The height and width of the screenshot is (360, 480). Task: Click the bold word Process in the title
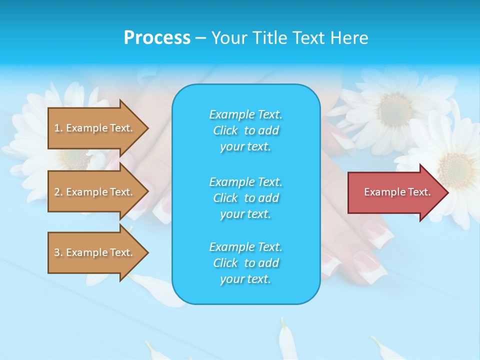click(x=157, y=38)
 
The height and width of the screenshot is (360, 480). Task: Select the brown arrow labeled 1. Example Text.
click(x=98, y=128)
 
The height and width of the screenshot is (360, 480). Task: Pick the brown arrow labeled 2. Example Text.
click(x=98, y=192)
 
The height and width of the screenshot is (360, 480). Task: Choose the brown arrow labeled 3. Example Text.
click(x=98, y=252)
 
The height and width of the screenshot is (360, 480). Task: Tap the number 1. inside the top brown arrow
click(x=58, y=128)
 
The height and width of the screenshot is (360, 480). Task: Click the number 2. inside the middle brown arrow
click(x=58, y=192)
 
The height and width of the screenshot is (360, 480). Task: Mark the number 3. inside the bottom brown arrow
click(x=58, y=252)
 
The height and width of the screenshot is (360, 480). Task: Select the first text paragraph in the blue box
click(x=246, y=130)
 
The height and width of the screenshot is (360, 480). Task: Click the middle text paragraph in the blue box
click(x=246, y=198)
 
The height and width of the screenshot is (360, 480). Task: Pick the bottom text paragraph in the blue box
click(x=246, y=263)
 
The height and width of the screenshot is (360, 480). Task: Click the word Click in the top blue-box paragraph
click(x=225, y=130)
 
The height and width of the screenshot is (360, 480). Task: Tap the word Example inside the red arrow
click(x=381, y=192)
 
